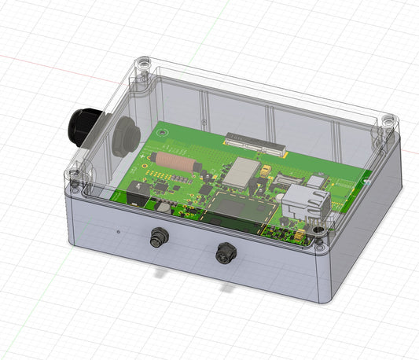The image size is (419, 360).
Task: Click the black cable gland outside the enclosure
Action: [80, 127]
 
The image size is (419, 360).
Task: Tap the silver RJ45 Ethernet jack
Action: [304, 201]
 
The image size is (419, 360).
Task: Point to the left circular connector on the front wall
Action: [159, 236]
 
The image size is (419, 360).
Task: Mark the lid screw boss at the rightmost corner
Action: [388, 122]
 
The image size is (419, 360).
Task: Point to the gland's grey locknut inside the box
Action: [124, 134]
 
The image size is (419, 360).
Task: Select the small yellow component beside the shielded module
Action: [268, 169]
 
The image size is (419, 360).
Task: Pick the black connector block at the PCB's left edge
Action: [137, 190]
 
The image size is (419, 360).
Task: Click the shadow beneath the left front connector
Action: [161, 272]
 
